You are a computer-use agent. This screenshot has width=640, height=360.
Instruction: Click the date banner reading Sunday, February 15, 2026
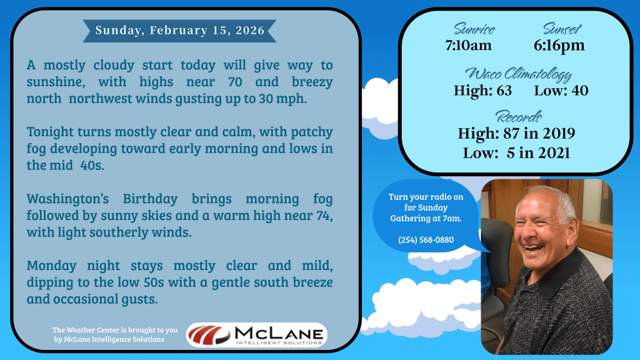click(179, 31)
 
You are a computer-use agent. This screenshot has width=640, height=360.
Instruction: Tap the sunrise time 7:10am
click(468, 45)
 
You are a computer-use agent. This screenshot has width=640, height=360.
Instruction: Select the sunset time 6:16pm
click(559, 45)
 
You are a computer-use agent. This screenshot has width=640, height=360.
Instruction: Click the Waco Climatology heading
click(518, 74)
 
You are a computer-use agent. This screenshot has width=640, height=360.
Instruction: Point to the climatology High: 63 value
click(483, 90)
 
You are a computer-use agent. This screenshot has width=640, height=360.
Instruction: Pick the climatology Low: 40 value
click(561, 90)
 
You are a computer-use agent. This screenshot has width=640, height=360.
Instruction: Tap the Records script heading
click(518, 117)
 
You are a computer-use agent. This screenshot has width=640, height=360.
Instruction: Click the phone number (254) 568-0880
click(426, 240)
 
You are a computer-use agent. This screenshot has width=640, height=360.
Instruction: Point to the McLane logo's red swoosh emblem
click(209, 335)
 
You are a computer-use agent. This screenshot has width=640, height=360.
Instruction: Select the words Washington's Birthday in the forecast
click(102, 199)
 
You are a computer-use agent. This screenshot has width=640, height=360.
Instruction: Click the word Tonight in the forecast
click(50, 132)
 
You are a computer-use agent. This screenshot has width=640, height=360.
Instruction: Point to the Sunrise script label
click(474, 29)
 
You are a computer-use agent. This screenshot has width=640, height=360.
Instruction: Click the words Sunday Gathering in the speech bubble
click(426, 213)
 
